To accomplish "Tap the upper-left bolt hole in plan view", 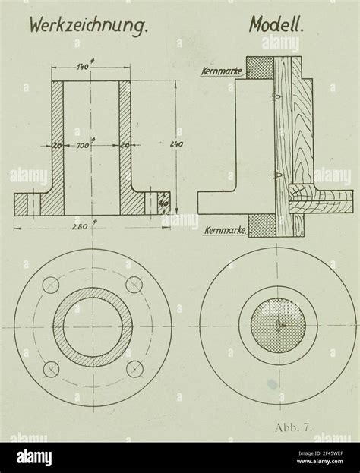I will click(x=51, y=286).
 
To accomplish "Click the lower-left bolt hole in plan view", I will click(x=51, y=370).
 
